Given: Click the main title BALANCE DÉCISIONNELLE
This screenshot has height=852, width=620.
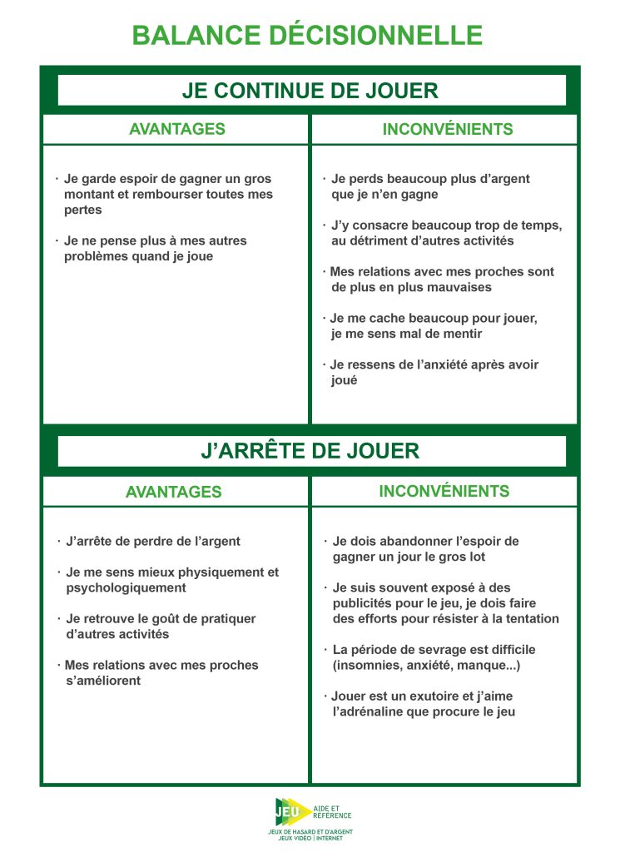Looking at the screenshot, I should click(307, 35).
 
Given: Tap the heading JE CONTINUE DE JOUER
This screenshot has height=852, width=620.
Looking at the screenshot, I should click(310, 91).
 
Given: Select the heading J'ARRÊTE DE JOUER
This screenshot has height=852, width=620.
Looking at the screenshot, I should click(310, 451).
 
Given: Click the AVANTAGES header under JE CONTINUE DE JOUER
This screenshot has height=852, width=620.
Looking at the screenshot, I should click(176, 129).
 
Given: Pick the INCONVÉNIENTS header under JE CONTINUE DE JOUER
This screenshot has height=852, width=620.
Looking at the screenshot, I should click(448, 129).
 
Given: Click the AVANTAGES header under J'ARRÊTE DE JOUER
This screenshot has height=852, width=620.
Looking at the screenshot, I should click(173, 492).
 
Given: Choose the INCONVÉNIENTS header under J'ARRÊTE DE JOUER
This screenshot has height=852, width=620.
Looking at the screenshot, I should click(444, 491).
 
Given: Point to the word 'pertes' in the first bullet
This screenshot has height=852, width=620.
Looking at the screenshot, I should click(82, 210).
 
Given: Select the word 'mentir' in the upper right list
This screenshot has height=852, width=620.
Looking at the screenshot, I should click(464, 334).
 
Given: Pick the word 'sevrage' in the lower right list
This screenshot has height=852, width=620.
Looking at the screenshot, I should click(428, 649).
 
